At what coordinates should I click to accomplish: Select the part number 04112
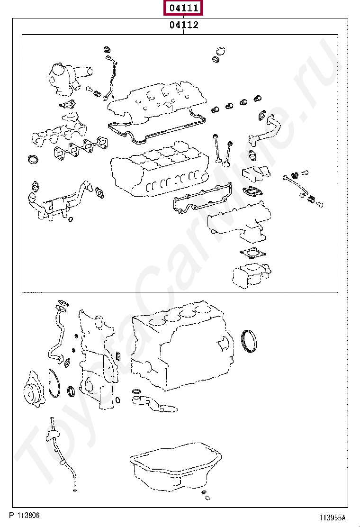(184, 25)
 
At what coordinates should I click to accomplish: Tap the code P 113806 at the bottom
(24, 515)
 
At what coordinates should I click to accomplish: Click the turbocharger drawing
(64, 78)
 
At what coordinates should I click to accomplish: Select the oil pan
(175, 467)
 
